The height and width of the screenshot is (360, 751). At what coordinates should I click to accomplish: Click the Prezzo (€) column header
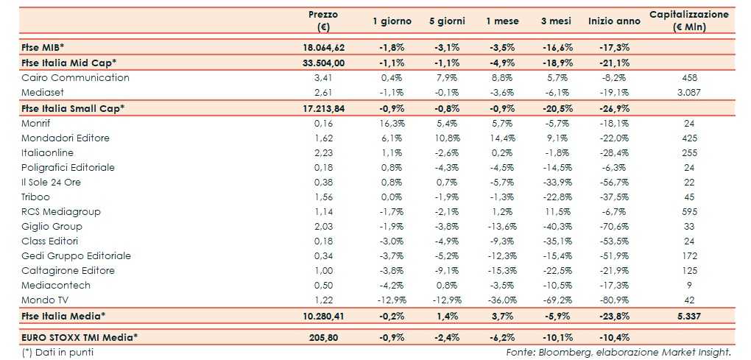(x=323, y=21)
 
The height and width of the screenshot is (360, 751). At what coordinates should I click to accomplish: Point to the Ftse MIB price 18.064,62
(x=323, y=47)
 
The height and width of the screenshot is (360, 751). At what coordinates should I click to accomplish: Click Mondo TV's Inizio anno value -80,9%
(x=614, y=300)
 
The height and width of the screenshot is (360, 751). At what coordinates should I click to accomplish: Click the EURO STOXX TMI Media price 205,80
(x=323, y=337)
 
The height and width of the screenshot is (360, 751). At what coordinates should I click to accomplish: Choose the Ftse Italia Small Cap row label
(x=72, y=107)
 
